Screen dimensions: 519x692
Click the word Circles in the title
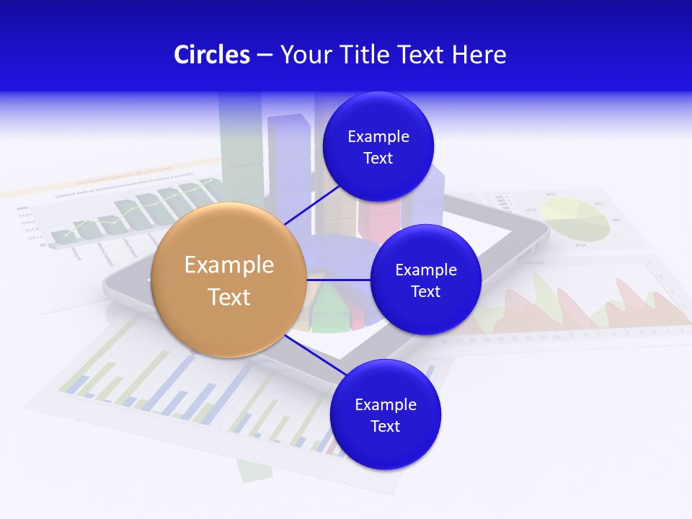[x=212, y=55]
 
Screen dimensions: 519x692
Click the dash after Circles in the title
[x=265, y=56]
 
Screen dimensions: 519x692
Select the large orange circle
[x=229, y=280]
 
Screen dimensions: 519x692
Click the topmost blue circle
[x=378, y=146]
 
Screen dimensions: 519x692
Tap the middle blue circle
[x=425, y=280]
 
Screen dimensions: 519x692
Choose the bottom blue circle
[x=386, y=414]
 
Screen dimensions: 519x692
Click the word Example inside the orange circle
[x=229, y=265]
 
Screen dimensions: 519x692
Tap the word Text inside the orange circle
[x=229, y=296]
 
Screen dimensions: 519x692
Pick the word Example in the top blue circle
[x=378, y=136]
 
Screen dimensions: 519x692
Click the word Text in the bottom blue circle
[x=386, y=426]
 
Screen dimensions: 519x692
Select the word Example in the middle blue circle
[x=425, y=270]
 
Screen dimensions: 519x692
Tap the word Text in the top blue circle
[x=378, y=158]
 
